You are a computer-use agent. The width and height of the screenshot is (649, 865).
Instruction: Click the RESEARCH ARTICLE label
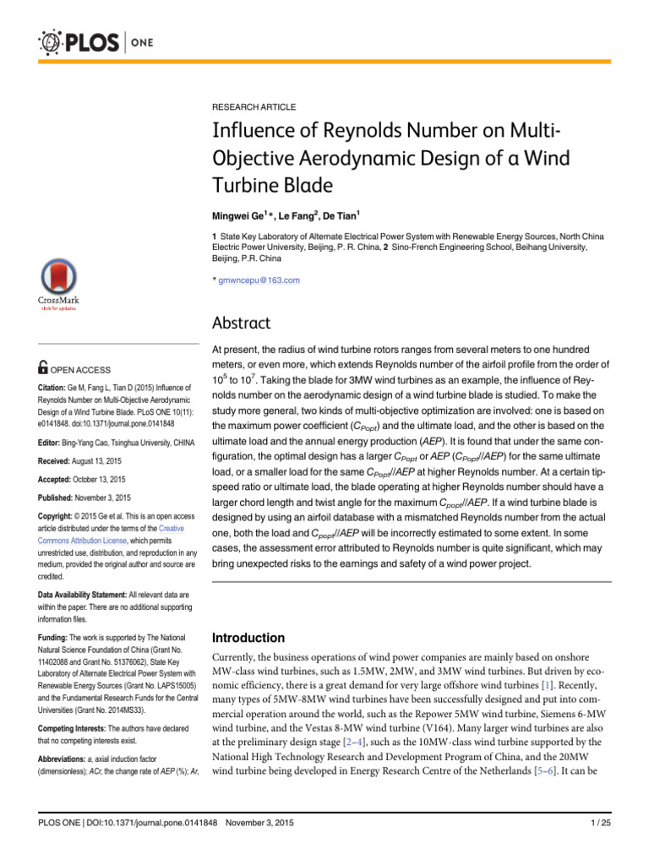coord(254,107)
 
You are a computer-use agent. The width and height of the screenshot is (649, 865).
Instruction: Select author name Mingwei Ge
coord(239,216)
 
